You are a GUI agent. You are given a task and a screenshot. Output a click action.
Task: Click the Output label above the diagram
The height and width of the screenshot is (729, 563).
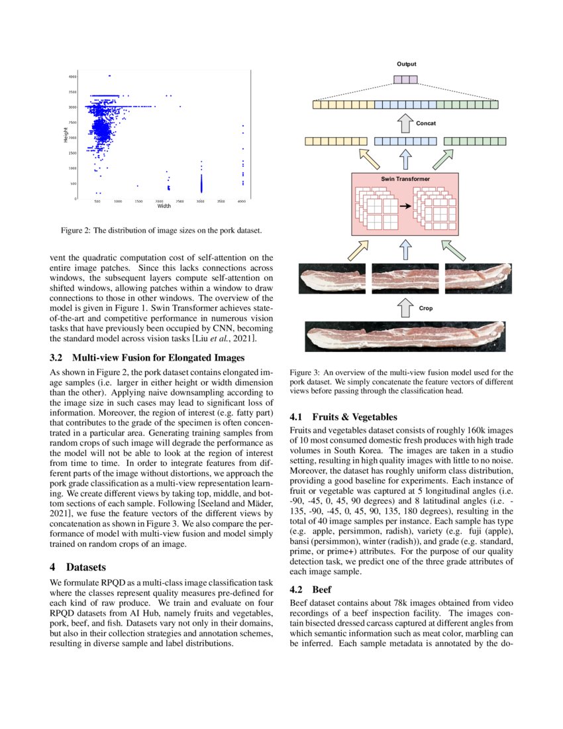pyautogui.click(x=407, y=64)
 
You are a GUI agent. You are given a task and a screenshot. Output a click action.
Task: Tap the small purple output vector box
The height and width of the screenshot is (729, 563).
pyautogui.click(x=405, y=80)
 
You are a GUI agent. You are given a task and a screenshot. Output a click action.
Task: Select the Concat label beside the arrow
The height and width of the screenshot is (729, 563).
pyautogui.click(x=426, y=123)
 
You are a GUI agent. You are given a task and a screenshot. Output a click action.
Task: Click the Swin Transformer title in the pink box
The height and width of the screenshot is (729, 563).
pyautogui.click(x=405, y=180)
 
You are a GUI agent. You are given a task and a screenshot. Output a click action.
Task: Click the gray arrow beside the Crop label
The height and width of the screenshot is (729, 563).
pyautogui.click(x=405, y=308)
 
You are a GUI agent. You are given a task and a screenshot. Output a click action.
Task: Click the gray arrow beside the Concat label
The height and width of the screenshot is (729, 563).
pyautogui.click(x=405, y=123)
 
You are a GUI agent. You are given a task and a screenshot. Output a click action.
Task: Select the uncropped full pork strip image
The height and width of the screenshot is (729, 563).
pyautogui.click(x=405, y=336)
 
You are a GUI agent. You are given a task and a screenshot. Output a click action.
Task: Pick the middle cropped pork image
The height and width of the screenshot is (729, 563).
pyautogui.click(x=405, y=279)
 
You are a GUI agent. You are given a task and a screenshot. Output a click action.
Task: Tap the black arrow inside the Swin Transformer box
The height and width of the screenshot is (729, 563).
pyautogui.click(x=405, y=206)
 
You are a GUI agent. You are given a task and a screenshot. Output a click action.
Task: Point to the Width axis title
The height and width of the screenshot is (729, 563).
pyautogui.click(x=164, y=206)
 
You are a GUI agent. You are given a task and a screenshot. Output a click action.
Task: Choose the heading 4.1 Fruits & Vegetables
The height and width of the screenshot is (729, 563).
pyautogui.click(x=344, y=418)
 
